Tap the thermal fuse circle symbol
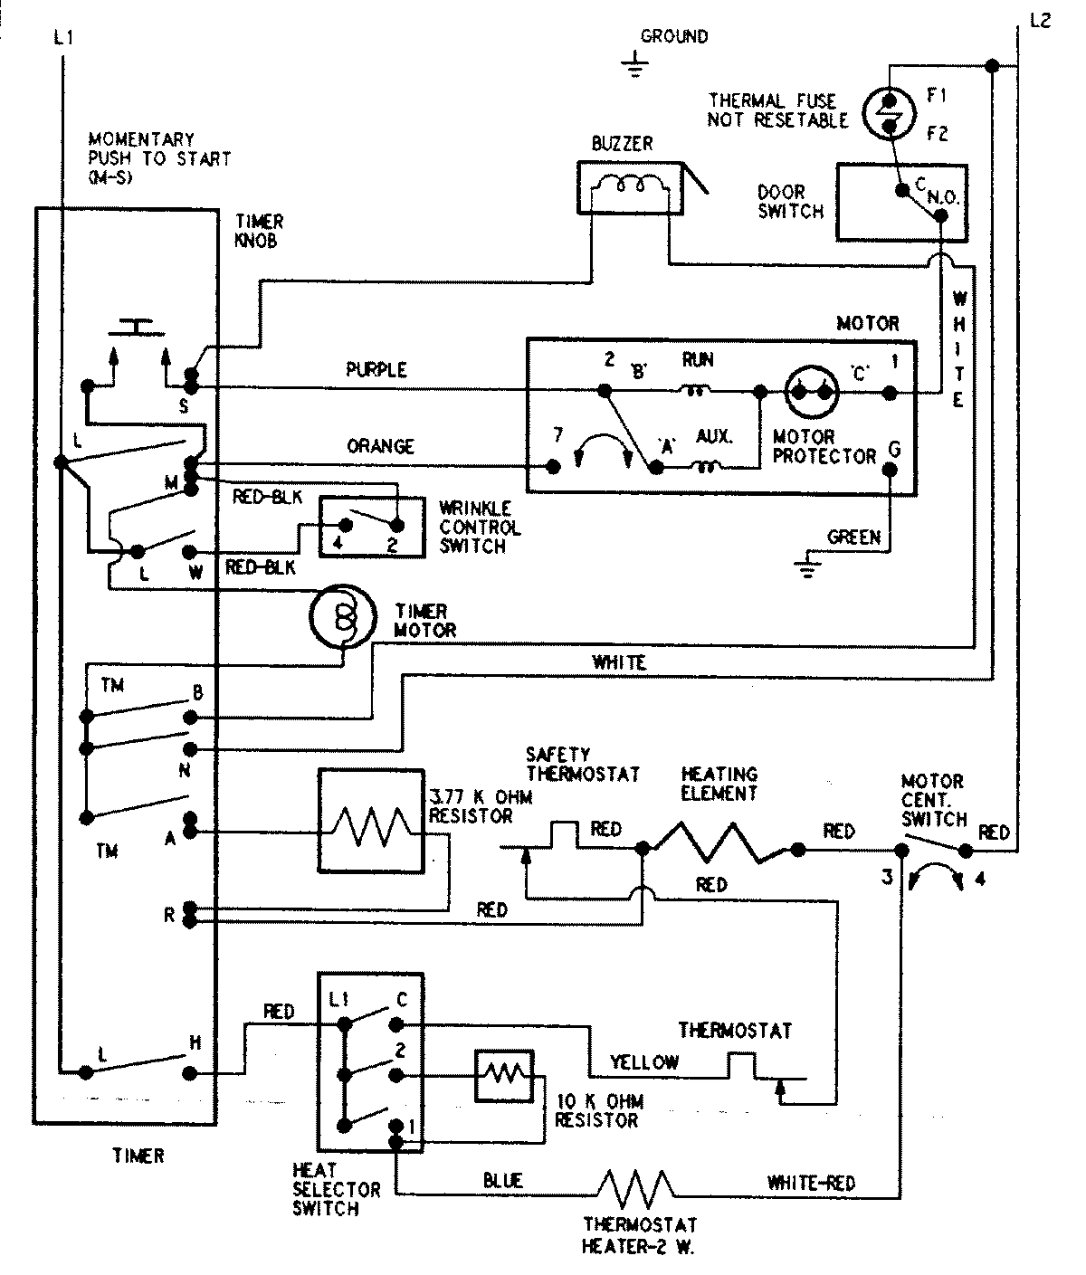pyautogui.click(x=889, y=113)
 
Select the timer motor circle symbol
pyautogui.click(x=340, y=615)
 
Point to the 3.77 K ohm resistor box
pyautogui.click(x=371, y=823)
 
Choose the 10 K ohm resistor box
pyautogui.click(x=503, y=1075)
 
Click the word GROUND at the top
pyautogui.click(x=674, y=37)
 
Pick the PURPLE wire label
pyautogui.click(x=376, y=370)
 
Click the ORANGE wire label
pyautogui.click(x=380, y=446)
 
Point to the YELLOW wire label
pyautogui.click(x=643, y=1062)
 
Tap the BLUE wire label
pyautogui.click(x=502, y=1180)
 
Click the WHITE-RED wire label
pyautogui.click(x=811, y=1182)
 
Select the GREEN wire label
pyautogui.click(x=853, y=538)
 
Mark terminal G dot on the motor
pyautogui.click(x=890, y=469)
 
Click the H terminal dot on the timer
pyautogui.click(x=189, y=1073)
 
